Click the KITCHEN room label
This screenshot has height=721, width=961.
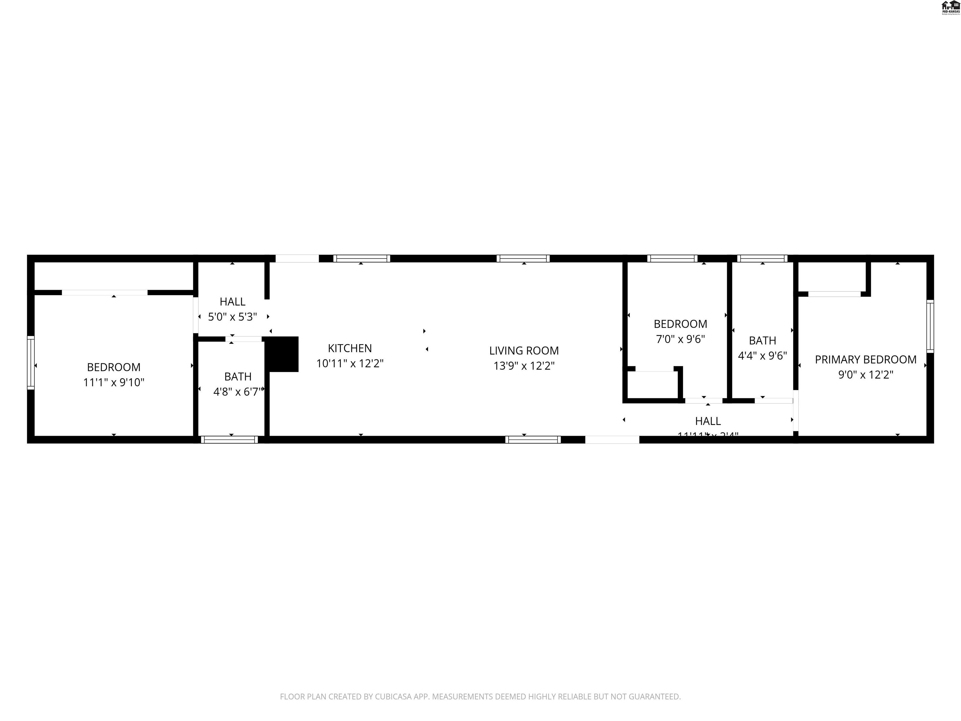pos(350,348)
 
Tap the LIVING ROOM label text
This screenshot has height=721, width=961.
pos(524,350)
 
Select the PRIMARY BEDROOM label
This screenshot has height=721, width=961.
pos(865,360)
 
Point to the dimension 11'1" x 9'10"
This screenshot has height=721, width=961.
pos(114,382)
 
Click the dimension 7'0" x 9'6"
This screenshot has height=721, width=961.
pos(680,339)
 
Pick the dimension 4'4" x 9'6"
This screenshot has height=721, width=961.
pos(762,356)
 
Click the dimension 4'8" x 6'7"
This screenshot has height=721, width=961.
pos(238,391)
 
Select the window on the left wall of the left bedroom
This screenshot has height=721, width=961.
pos(30,362)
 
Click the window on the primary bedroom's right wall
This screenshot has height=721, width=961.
pos(930,326)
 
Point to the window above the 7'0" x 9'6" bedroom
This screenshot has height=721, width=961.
pos(672,258)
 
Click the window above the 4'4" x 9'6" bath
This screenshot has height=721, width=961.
pos(762,258)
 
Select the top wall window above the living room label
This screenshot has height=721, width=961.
pos(523,258)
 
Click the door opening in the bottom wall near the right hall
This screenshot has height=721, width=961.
pos(612,440)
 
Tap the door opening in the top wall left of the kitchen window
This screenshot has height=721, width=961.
pos(297,258)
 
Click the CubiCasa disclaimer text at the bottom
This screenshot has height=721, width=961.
pos(480,697)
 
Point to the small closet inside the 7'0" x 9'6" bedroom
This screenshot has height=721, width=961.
pos(653,384)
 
